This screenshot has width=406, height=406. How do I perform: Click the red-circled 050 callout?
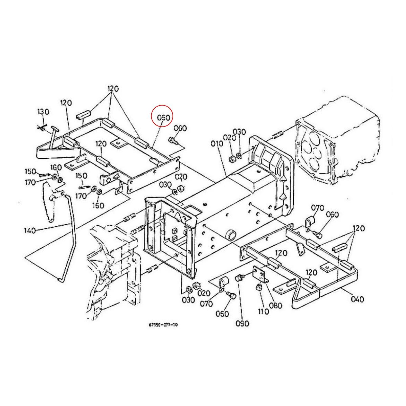pos(163,118)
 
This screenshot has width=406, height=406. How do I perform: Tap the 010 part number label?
pos(217,144)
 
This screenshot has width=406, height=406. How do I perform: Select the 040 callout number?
pos(357,299)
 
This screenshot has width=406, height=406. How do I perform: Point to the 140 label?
pos(30,231)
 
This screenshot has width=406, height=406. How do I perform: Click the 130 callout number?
pos(43,112)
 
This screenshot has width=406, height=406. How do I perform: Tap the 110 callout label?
pos(263,311)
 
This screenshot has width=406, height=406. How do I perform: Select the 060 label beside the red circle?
pos(180,128)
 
